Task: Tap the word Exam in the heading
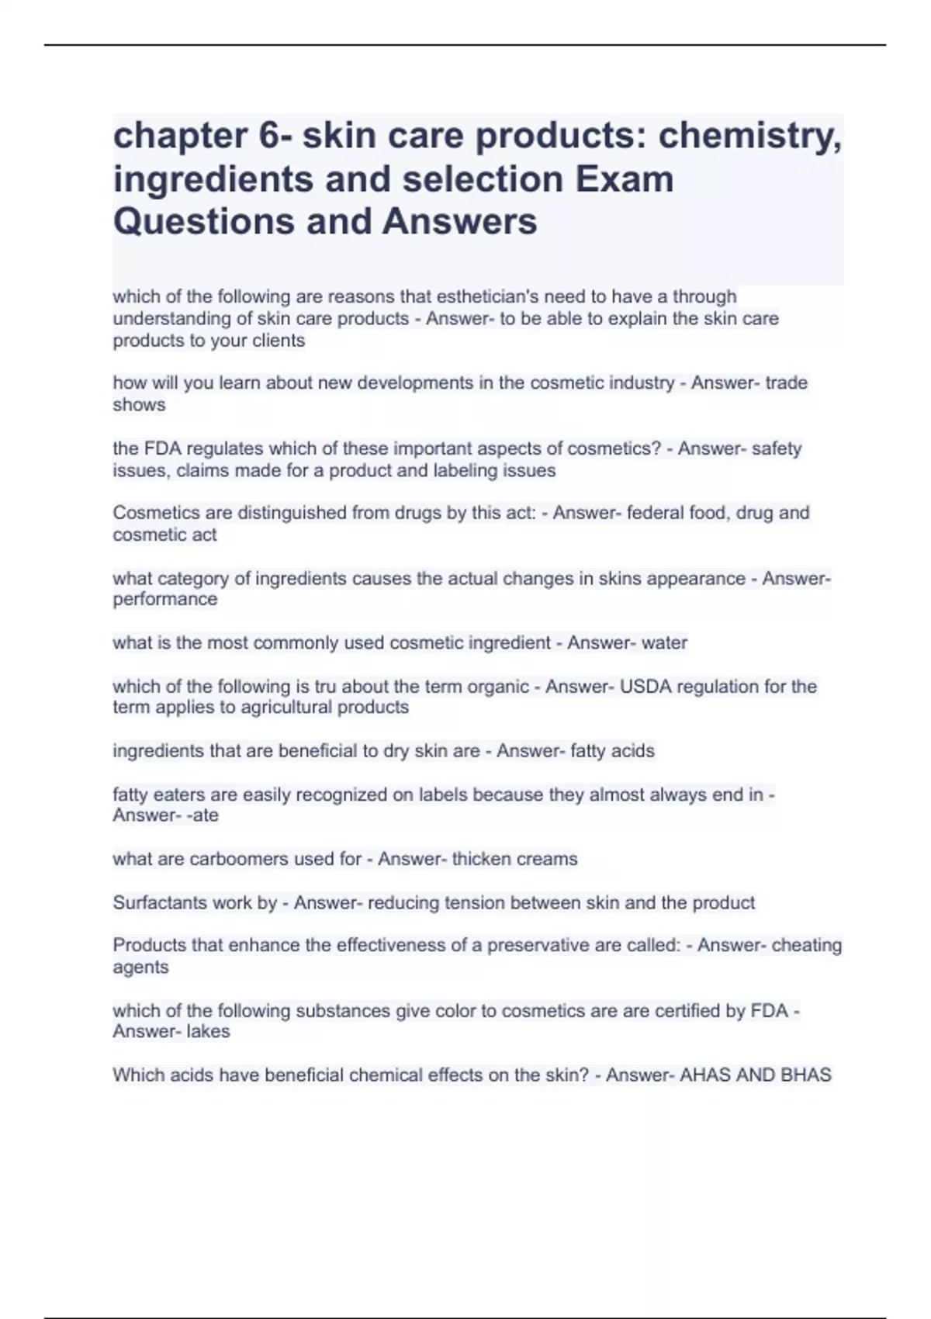(x=625, y=179)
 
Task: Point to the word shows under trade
(x=139, y=404)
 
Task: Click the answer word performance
(x=165, y=599)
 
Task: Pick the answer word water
(x=665, y=642)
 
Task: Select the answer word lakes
(x=208, y=1031)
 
